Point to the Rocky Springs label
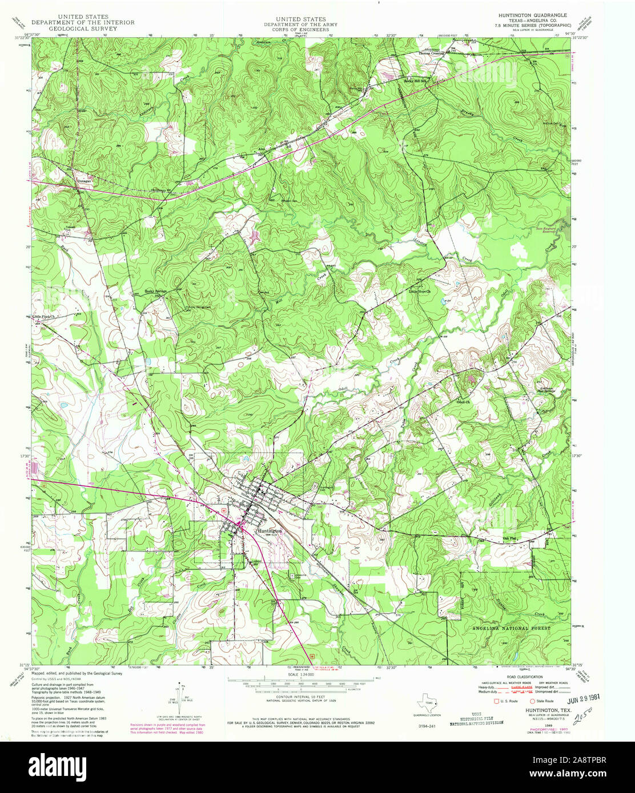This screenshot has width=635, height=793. tap(155, 291)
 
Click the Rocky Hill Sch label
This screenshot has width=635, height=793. tap(416, 80)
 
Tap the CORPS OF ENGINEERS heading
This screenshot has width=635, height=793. tap(300, 29)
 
